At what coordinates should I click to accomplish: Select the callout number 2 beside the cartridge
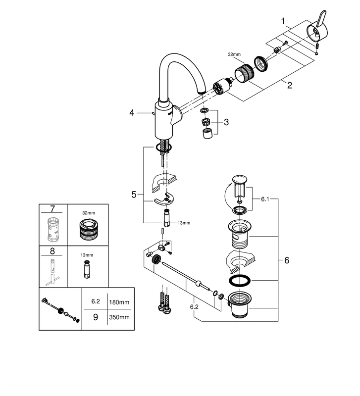[290, 85]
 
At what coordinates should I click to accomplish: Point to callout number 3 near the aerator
[226, 122]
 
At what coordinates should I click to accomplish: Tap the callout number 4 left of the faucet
[132, 113]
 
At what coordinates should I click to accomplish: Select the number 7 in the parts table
[52, 208]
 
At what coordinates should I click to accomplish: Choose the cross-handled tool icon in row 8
[51, 275]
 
